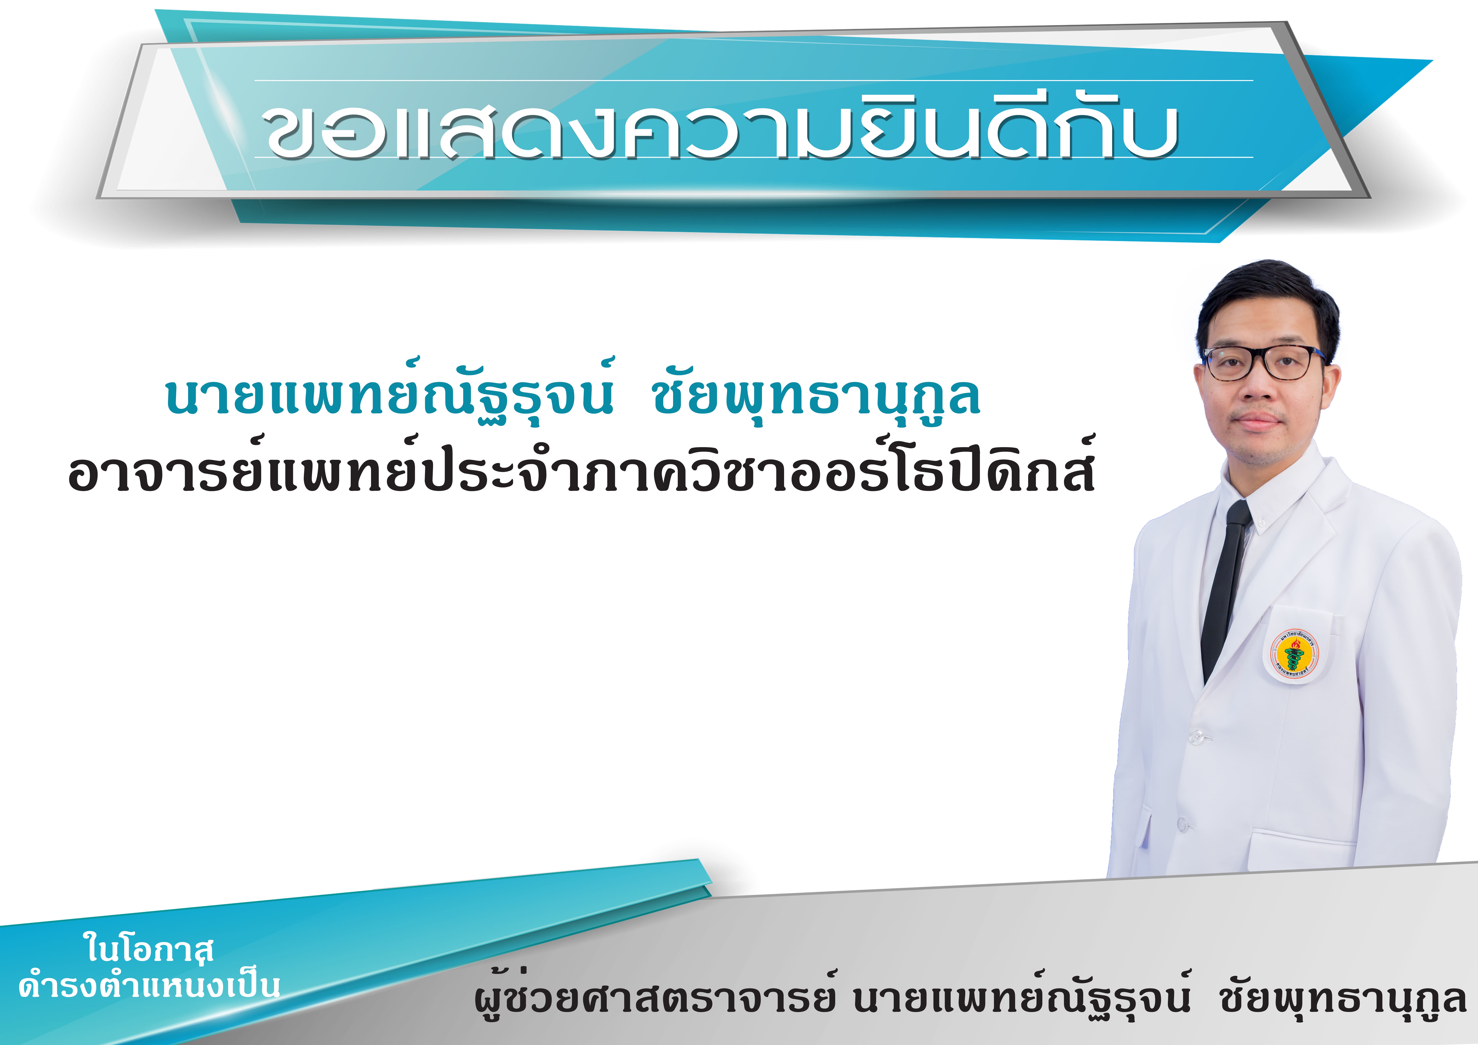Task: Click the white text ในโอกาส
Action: click(x=148, y=948)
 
